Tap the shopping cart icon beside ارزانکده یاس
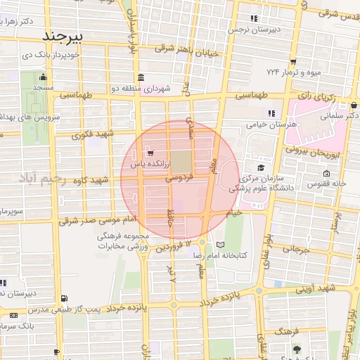[x=150, y=152]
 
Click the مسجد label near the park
[x=44, y=86]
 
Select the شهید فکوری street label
[x=96, y=134]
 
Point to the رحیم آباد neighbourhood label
[x=42, y=179]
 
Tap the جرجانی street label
[x=296, y=249]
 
